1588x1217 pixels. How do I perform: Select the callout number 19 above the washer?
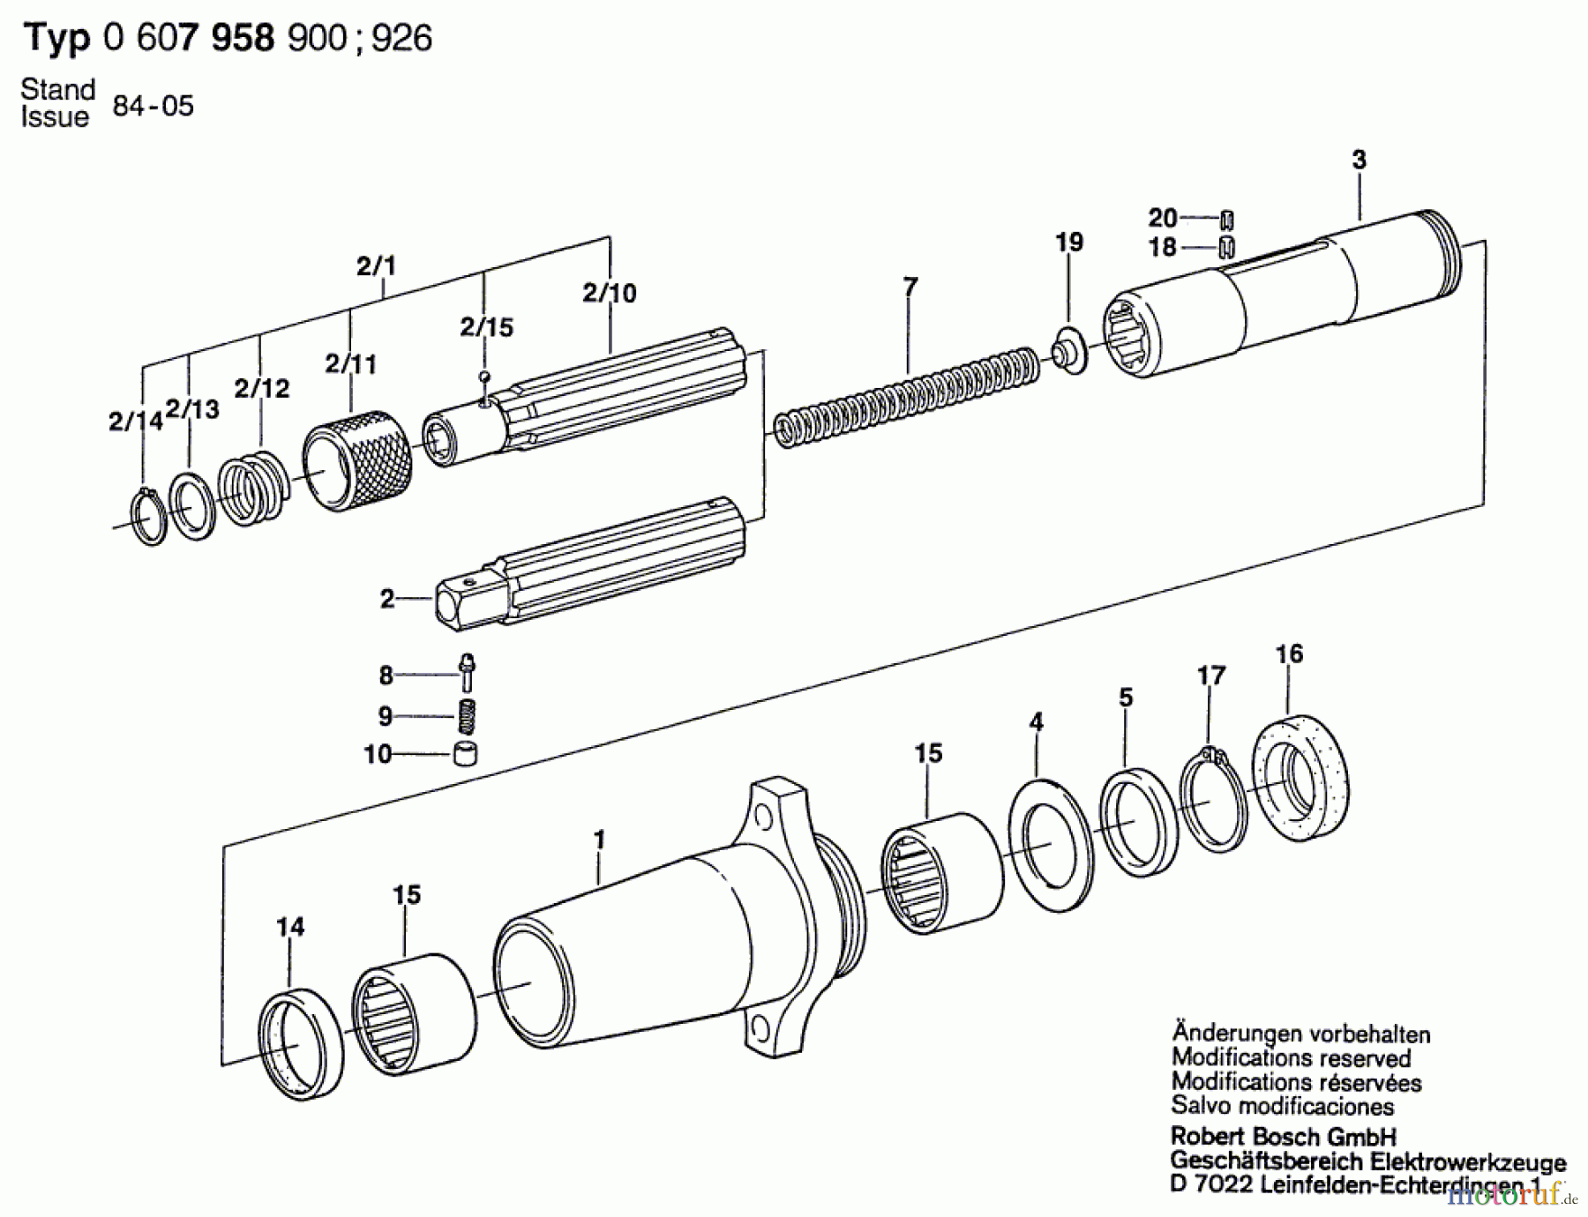[x=1069, y=243]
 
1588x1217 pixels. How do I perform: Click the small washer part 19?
[x=1067, y=351]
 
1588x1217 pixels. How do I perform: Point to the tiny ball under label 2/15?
[x=483, y=377]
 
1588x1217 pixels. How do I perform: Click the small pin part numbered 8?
[x=467, y=672]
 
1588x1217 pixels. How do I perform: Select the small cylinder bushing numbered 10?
[x=465, y=754]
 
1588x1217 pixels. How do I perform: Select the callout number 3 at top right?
[x=1359, y=161]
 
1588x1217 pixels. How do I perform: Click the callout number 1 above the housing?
[x=600, y=840]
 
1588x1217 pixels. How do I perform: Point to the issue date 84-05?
[x=153, y=107]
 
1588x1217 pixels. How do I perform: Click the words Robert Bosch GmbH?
[x=1283, y=1137]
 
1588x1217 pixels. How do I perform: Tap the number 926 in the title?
[x=402, y=39]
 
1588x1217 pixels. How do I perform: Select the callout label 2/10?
[x=609, y=293]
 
